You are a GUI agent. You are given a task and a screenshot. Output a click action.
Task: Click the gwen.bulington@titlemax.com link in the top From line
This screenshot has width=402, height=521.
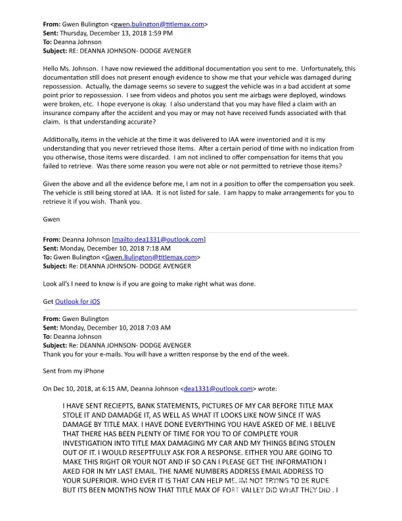coord(164,24)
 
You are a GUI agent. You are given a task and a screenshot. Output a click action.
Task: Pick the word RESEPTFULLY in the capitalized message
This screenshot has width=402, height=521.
coord(154,453)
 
